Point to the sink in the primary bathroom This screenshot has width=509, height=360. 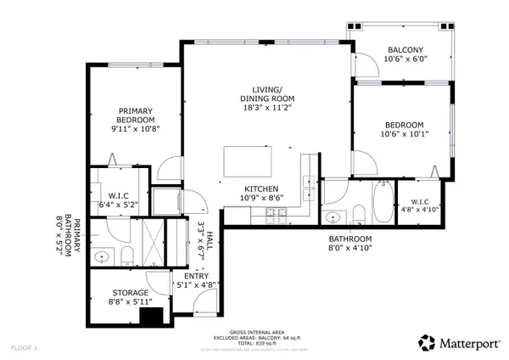click(x=103, y=254)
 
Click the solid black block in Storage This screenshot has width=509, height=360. click(x=153, y=317)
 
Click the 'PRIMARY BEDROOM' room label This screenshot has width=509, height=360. click(x=136, y=115)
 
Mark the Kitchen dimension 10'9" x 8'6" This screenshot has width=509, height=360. click(x=263, y=198)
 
